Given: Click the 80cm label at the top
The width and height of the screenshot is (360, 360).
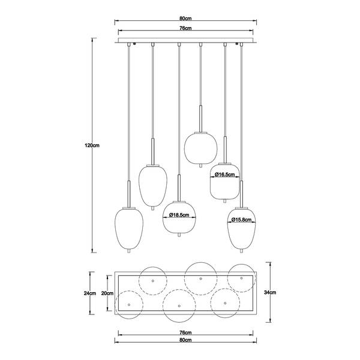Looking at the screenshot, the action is click(x=185, y=19).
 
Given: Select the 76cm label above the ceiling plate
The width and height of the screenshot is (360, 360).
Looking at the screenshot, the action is click(x=185, y=28).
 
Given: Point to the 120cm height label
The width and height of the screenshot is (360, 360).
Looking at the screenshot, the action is click(x=92, y=145).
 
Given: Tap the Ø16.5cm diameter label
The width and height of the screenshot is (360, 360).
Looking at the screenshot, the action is click(x=225, y=175).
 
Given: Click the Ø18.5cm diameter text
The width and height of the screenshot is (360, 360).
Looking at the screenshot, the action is click(x=179, y=215).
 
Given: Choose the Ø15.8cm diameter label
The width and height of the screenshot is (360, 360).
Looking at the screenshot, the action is click(x=241, y=220).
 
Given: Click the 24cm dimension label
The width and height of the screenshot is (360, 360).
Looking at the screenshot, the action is click(x=90, y=293).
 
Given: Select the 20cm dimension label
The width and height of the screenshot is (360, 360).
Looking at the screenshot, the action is click(x=107, y=293).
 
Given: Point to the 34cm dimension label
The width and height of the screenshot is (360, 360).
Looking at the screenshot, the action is click(x=270, y=292).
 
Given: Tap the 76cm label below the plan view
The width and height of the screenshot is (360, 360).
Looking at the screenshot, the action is click(x=185, y=332).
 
